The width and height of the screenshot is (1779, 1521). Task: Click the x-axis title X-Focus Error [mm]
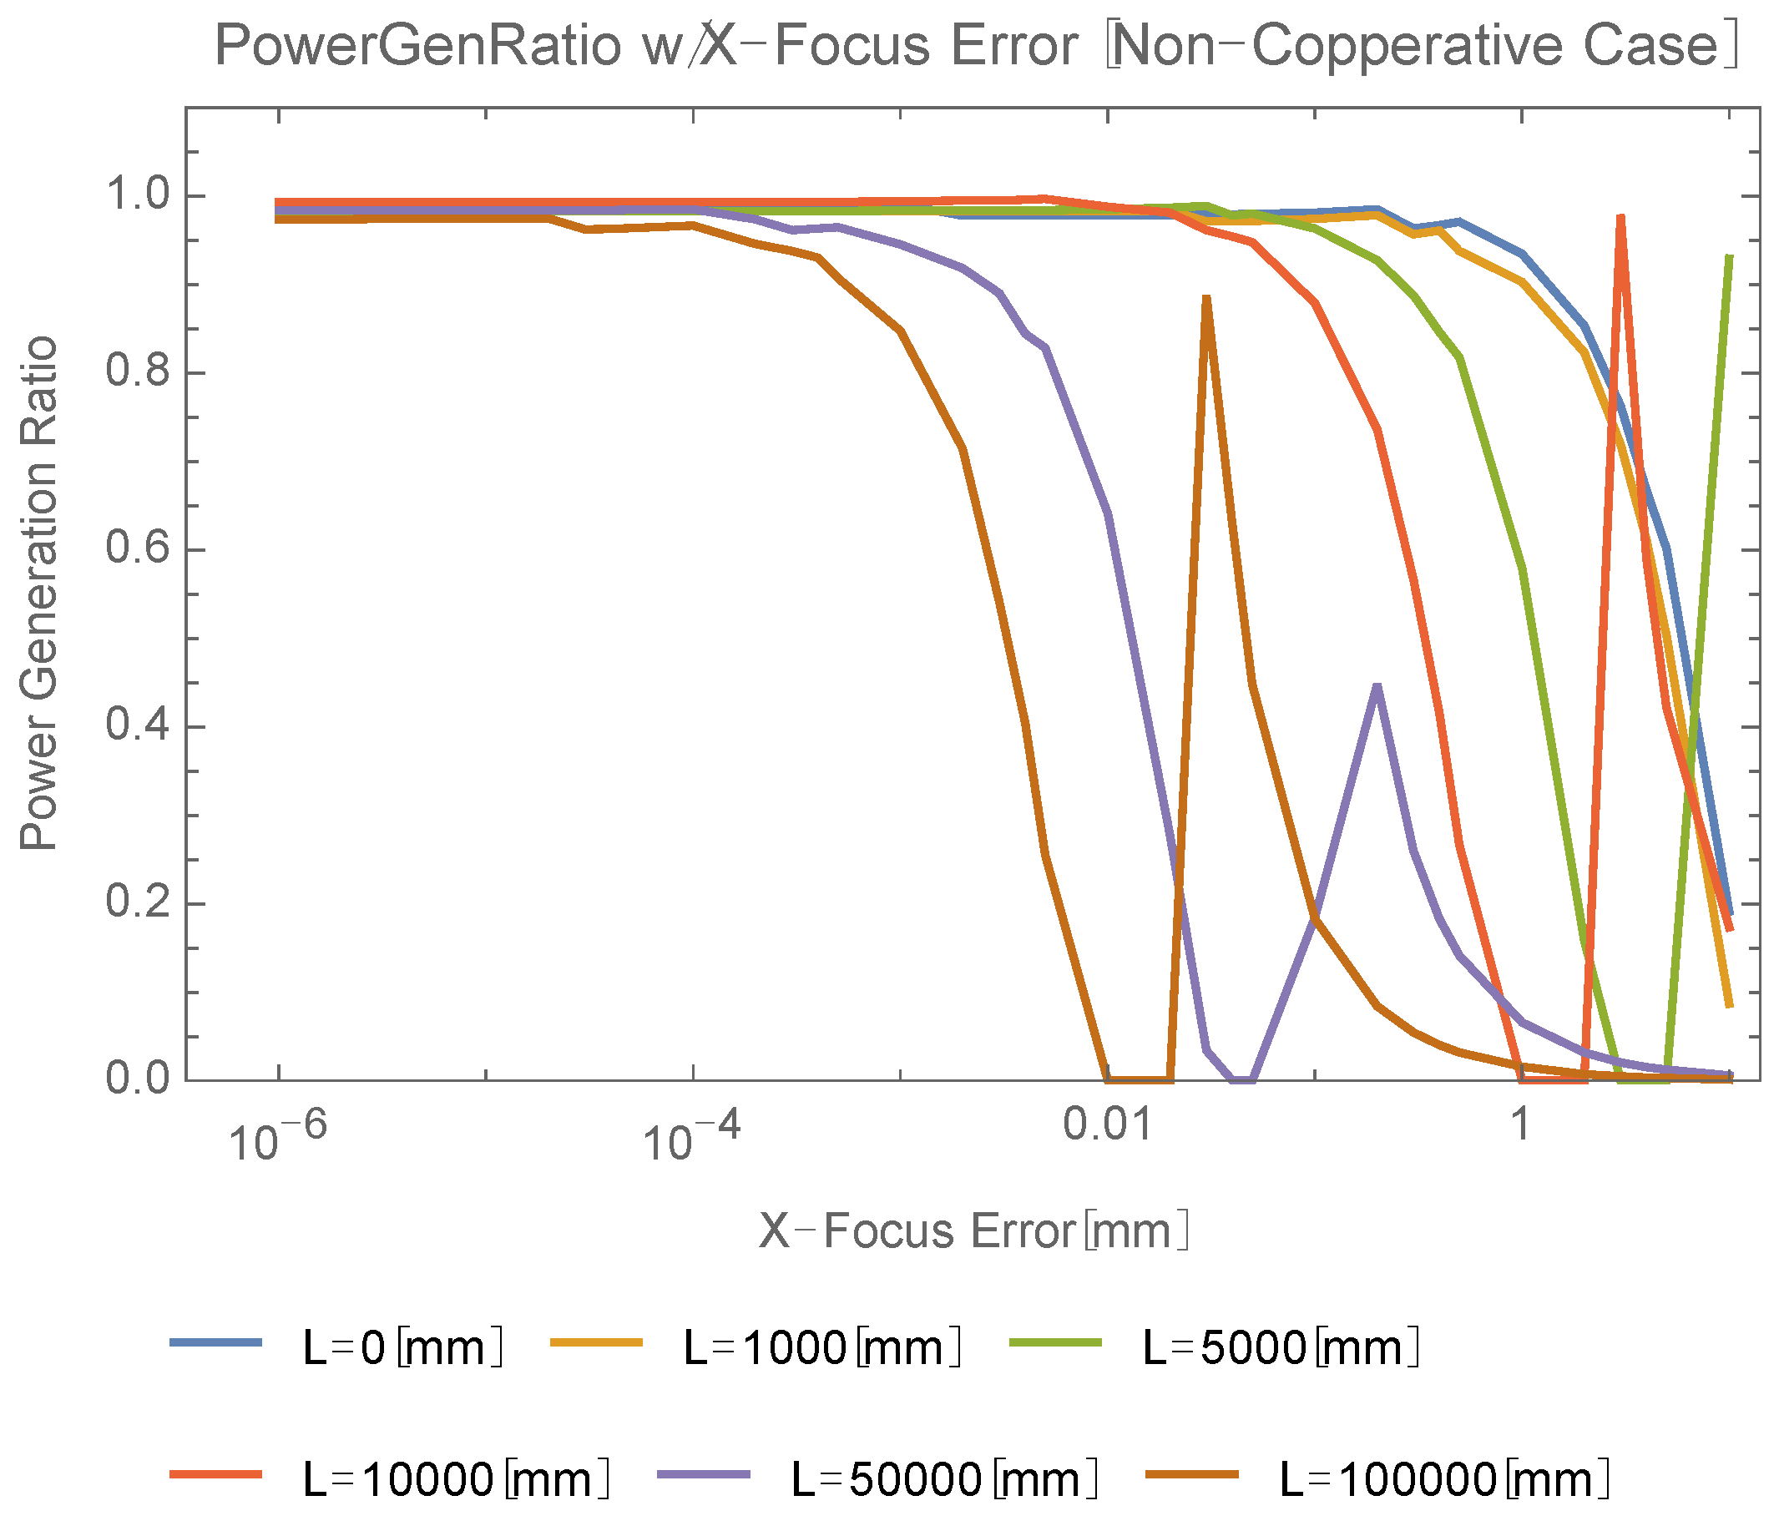tap(973, 1230)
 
